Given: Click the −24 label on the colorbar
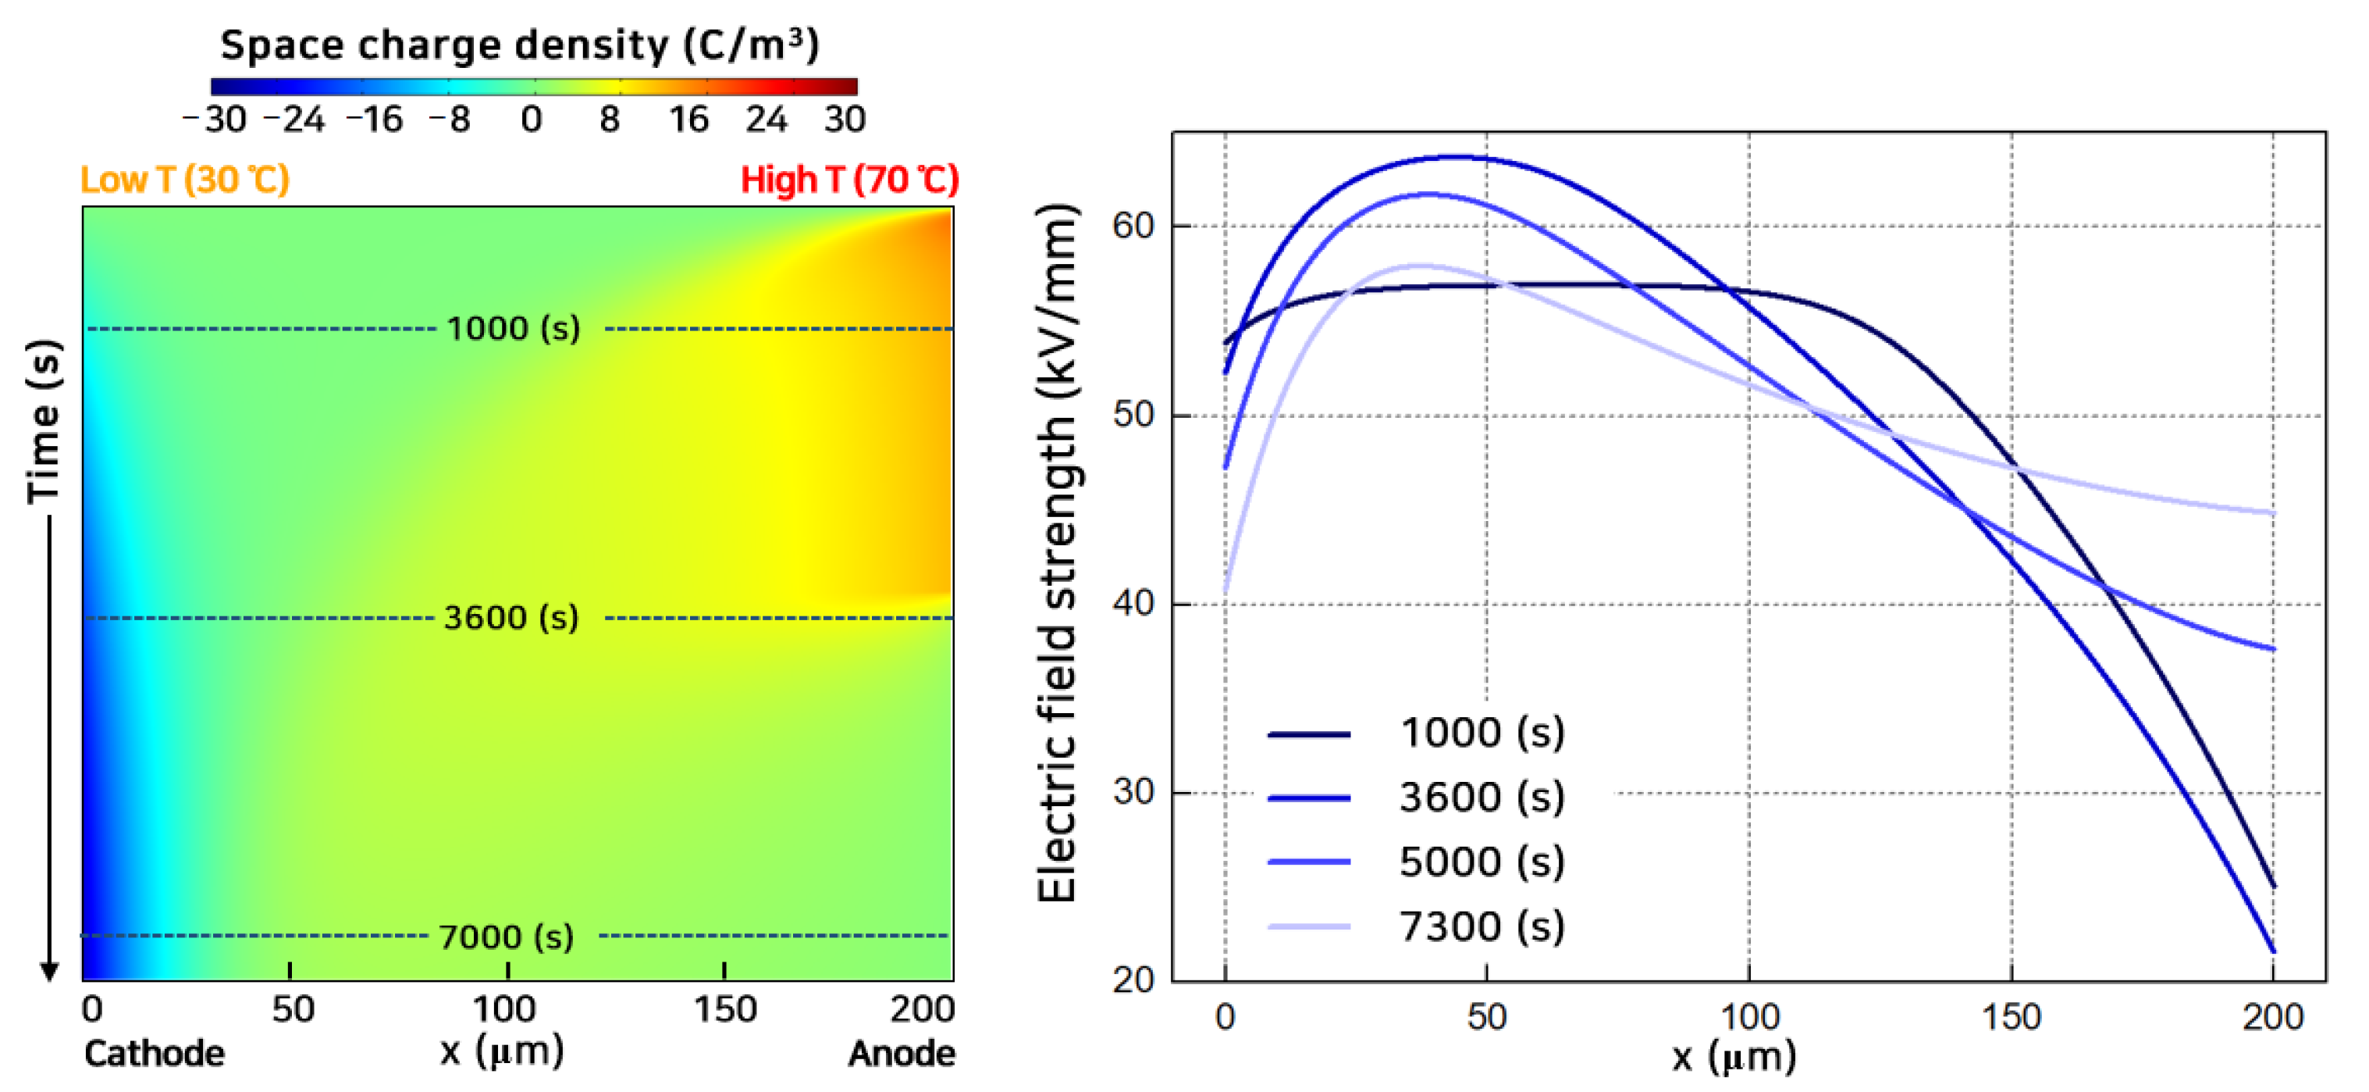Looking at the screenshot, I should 293,120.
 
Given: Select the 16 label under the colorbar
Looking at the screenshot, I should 688,120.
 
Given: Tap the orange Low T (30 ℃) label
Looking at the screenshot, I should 185,180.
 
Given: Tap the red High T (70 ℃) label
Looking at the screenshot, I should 848,180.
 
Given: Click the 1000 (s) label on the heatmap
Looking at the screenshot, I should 513,328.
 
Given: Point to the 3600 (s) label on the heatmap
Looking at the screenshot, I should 511,617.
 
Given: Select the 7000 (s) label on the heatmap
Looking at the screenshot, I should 506,937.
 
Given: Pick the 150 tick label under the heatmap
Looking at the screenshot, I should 724,1010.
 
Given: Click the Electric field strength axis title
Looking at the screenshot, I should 1057,552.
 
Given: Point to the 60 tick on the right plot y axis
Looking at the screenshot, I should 1133,226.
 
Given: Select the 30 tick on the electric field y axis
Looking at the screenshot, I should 1133,791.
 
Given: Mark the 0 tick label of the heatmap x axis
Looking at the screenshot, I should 92,1010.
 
